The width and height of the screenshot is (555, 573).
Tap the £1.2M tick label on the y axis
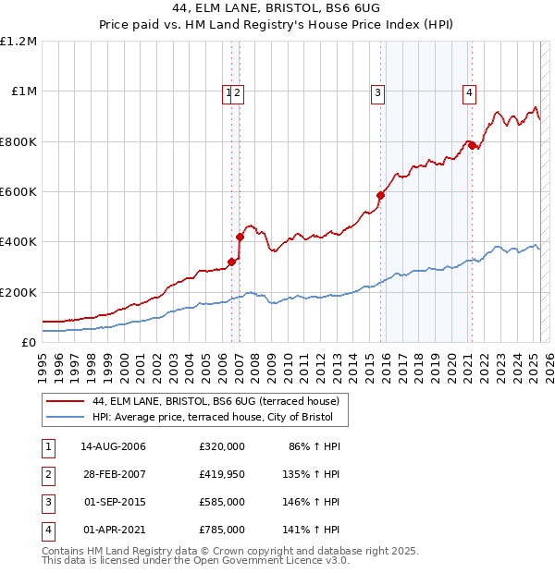coord(18,42)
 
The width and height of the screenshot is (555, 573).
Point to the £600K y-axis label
coord(18,192)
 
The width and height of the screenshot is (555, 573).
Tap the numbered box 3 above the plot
coord(378,91)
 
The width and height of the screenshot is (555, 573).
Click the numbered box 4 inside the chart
coord(470,91)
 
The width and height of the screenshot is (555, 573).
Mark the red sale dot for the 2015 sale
coord(380,195)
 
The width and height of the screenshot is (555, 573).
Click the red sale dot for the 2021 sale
coord(471,145)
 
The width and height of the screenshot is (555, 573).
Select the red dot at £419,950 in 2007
coord(240,237)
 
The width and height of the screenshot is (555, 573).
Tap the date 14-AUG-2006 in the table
coord(113,446)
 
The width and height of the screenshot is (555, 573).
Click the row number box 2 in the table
coord(47,474)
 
